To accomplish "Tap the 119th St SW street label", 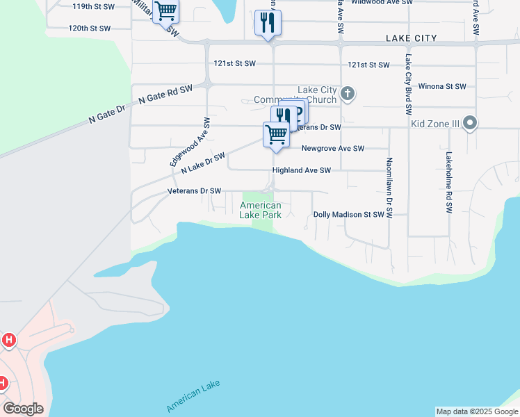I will coord(93,6).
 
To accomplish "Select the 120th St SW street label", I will coord(90,28).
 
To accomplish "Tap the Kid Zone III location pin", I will coord(471,124).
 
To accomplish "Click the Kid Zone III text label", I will coord(434,123).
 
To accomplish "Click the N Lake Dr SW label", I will coord(203,164).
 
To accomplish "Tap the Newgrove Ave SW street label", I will coord(332,148).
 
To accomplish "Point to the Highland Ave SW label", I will coord(301,170).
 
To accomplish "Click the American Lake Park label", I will coord(261,210).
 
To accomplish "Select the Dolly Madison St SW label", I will coord(348,215).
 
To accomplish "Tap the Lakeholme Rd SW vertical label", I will coord(450,182).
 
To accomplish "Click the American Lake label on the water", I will coord(193,398).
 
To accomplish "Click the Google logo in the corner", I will coord(23,409).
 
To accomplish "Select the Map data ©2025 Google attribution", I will coord(477,411).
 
